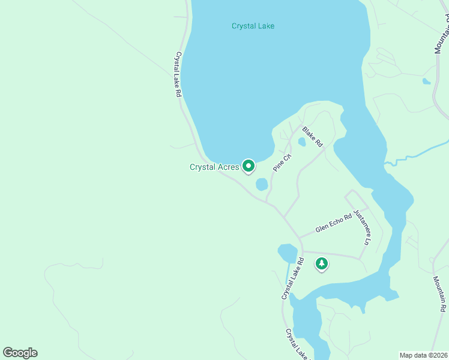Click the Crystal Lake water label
[253, 26]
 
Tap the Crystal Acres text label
[214, 167]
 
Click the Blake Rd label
[313, 136]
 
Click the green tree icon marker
[322, 263]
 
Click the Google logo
[20, 352]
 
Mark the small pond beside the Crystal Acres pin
[262, 184]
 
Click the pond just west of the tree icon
[287, 253]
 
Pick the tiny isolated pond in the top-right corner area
[426, 81]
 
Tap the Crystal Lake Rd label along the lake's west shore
[178, 74]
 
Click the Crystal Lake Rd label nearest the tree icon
[292, 278]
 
